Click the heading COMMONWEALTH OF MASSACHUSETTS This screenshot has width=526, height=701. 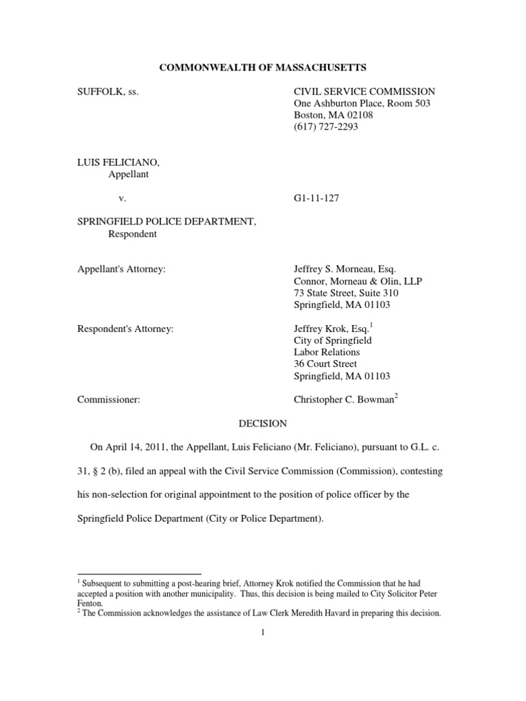tap(263, 68)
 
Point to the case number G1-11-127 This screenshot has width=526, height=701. tap(317, 198)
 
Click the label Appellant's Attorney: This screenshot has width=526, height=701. tap(122, 269)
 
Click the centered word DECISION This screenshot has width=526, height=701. tap(262, 424)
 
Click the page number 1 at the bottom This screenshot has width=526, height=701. tap(263, 633)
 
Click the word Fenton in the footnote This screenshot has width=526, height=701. tap(89, 604)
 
